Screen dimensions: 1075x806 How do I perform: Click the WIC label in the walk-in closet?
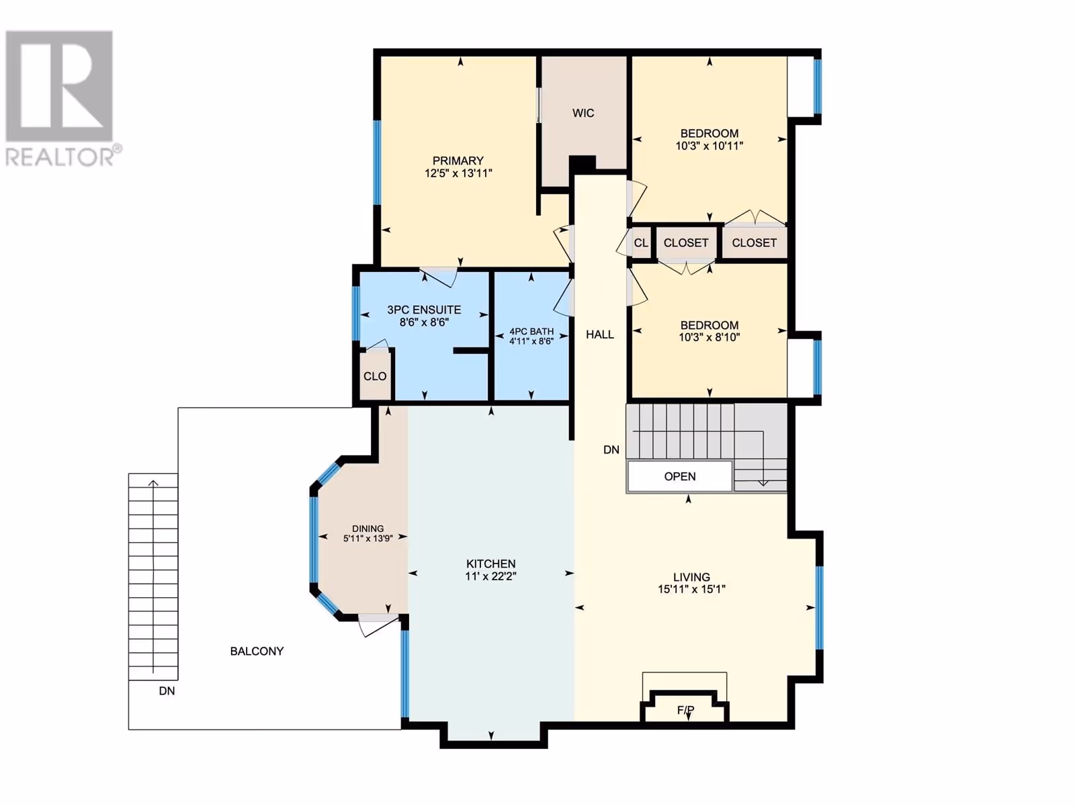583,113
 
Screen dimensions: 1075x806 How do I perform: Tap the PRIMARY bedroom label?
458,161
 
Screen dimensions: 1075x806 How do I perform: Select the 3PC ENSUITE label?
424,310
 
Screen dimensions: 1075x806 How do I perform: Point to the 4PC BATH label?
531,331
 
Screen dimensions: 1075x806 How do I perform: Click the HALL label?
600,334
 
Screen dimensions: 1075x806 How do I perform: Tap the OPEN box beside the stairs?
680,476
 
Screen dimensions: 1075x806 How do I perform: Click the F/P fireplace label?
686,710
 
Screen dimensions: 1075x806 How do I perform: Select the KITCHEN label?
490,564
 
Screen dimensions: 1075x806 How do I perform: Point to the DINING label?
368,529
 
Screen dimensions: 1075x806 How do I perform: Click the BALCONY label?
257,652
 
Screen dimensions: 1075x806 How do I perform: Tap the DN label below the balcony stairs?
167,691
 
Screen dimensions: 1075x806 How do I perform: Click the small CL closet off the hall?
641,242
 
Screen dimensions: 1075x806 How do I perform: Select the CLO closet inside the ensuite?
375,376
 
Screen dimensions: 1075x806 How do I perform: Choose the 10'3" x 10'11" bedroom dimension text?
709,146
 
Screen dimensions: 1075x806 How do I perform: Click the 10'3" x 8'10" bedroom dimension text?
709,337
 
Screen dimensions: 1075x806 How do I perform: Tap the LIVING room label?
691,577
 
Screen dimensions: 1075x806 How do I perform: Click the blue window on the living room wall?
819,607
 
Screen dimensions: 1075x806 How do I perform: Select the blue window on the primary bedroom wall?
377,163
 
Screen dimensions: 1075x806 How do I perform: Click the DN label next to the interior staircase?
611,450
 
